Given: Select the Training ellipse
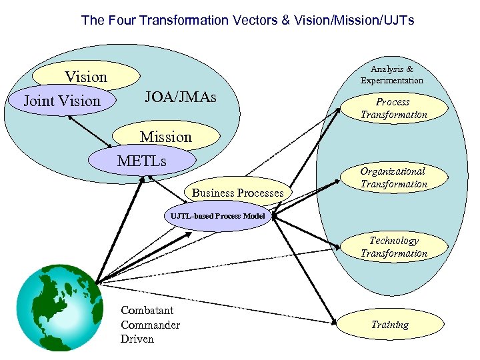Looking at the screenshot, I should click(390, 325).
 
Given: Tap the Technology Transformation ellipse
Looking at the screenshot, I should click(393, 247).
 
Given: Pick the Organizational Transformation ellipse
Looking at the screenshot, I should click(393, 178).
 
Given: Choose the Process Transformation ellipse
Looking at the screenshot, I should click(393, 108).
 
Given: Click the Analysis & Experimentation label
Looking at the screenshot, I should click(392, 75).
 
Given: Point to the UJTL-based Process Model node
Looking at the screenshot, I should click(218, 216).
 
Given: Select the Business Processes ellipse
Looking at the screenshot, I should click(237, 193).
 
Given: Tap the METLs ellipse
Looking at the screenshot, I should click(142, 161).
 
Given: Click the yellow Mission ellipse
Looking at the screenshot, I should click(166, 137).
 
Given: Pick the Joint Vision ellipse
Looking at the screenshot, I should click(61, 101).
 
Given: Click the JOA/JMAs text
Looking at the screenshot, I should click(181, 99).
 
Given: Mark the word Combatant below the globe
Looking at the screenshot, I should click(147, 311).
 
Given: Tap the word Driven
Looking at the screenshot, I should click(137, 339).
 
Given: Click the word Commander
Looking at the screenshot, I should click(150, 325).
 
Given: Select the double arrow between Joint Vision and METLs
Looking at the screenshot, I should click(91, 132).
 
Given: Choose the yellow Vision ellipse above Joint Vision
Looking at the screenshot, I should click(85, 77).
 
